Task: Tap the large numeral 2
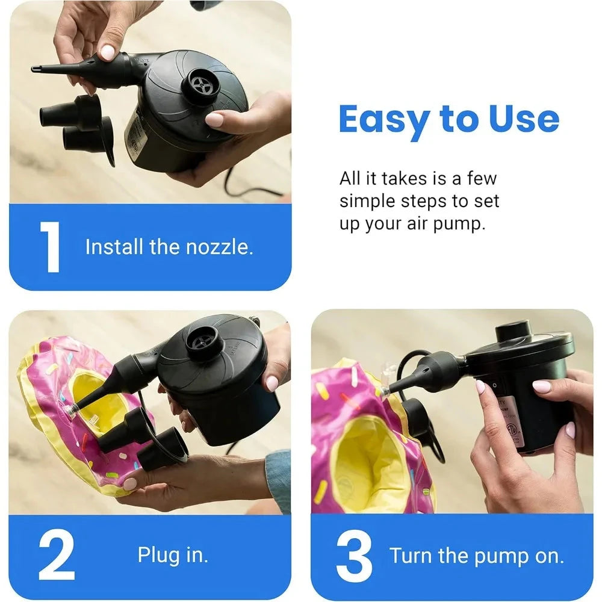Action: [x=57, y=556]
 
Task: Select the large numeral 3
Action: [x=354, y=556]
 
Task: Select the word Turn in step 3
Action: [x=412, y=556]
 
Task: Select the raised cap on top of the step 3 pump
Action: [x=513, y=330]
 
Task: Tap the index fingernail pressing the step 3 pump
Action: [x=480, y=386]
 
